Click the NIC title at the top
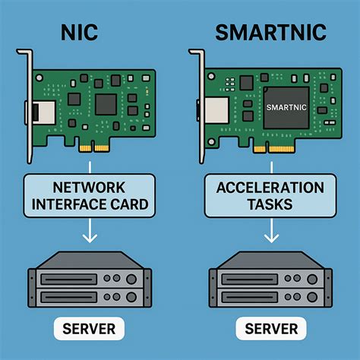tap(79, 33)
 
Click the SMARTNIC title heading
tap(270, 33)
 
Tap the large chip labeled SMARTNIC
tap(286, 108)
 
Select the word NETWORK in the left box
tap(89, 188)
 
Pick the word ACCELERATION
tap(270, 188)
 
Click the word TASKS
tap(270, 204)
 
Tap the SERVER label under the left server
tap(89, 329)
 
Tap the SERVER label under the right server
tap(271, 329)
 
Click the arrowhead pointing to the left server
tap(90, 238)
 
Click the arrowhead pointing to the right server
tap(271, 238)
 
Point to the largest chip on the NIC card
tap(106, 104)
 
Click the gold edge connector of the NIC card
tap(94, 149)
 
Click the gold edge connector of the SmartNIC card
tap(274, 149)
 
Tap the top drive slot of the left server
tap(68, 279)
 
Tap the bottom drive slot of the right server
tap(249, 297)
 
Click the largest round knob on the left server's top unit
tap(131, 279)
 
